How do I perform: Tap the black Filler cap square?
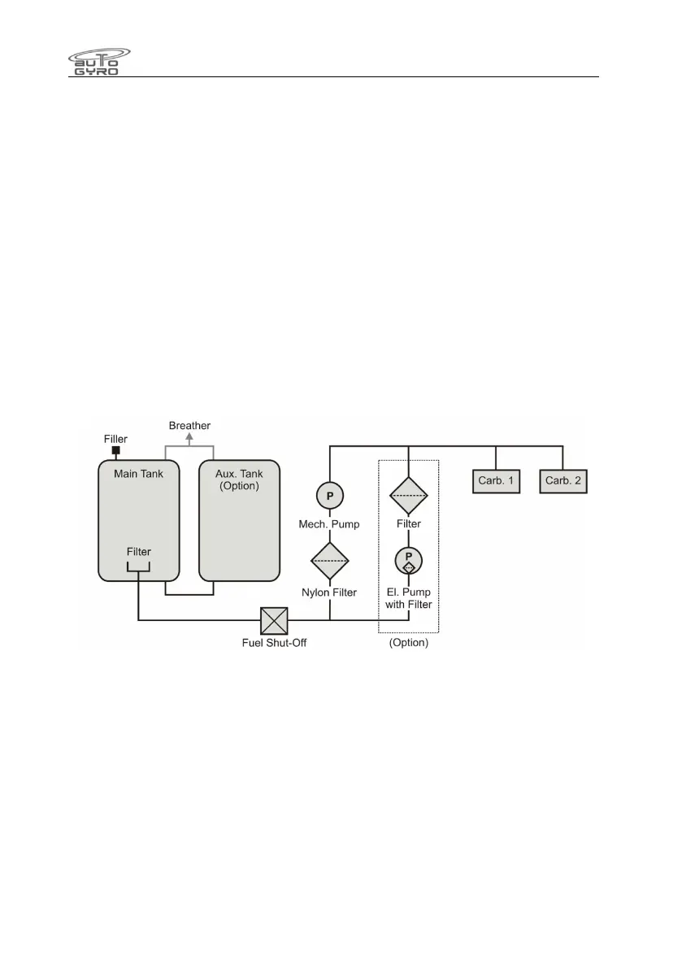116,450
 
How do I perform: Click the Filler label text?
116,438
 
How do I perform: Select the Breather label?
189,425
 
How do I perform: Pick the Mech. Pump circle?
329,496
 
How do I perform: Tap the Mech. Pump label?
330,524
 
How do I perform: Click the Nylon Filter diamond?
329,559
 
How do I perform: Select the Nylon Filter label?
330,593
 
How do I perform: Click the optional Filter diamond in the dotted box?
408,492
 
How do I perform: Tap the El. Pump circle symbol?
408,560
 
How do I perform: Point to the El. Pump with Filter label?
408,598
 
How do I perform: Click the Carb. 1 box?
495,480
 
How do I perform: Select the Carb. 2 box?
563,480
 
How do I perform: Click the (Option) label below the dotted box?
408,643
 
